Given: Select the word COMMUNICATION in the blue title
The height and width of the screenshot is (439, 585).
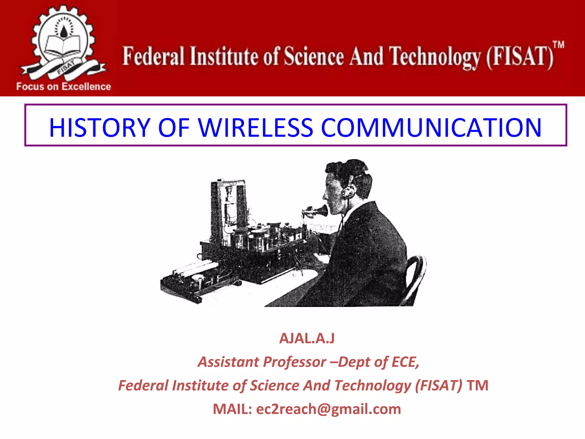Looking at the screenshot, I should (431, 127).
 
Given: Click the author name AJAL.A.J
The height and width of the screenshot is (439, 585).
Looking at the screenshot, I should (307, 338).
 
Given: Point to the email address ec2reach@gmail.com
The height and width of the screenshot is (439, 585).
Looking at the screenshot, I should (328, 409).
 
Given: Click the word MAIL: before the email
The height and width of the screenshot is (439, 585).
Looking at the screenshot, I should (232, 409).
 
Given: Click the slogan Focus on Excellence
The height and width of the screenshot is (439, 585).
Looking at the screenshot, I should (63, 87).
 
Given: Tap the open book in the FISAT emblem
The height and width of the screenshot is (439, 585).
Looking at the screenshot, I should (62, 45).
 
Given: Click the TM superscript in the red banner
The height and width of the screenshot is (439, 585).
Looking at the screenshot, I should (558, 45).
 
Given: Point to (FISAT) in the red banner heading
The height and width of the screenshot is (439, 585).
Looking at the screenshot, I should (520, 57).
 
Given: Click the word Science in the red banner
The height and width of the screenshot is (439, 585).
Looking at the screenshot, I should (314, 56).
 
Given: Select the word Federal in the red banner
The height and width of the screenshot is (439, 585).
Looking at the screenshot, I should (153, 56).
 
